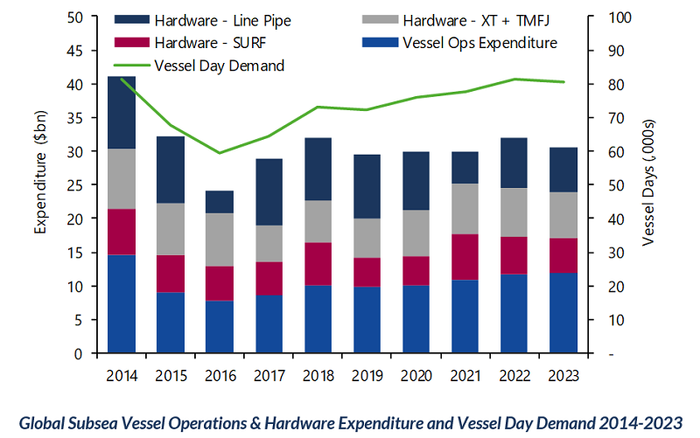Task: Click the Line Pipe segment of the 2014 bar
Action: coord(122,113)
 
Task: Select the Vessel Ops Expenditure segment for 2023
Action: coord(563,312)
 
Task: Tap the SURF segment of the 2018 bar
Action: coord(318,264)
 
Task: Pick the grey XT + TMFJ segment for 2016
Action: coord(220,240)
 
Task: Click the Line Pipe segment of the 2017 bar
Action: coord(269,192)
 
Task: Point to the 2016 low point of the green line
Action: coord(220,153)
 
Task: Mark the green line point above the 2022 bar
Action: coord(514,80)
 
